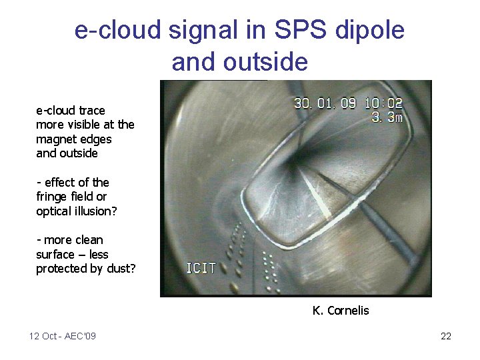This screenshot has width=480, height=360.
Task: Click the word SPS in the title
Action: pyautogui.click(x=280, y=31)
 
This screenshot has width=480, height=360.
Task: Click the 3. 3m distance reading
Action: pyautogui.click(x=386, y=118)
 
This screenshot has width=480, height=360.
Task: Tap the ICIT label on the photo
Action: pyautogui.click(x=201, y=269)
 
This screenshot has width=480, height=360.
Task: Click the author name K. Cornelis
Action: pyautogui.click(x=340, y=310)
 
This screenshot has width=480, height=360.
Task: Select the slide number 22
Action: pyautogui.click(x=446, y=336)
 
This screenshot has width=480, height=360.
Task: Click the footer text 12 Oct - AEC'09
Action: pyautogui.click(x=63, y=336)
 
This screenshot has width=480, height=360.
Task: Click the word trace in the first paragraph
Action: pyautogui.click(x=92, y=110)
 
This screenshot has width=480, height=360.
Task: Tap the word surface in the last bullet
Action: pyautogui.click(x=55, y=254)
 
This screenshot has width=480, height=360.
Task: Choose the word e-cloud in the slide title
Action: pyautogui.click(x=116, y=31)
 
